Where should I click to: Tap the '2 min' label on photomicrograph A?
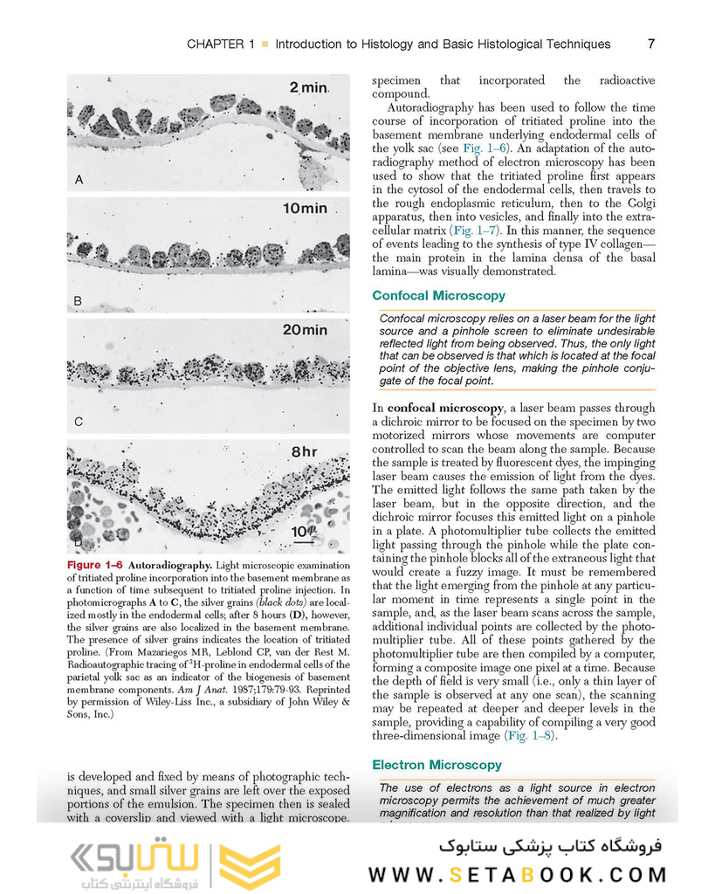coord(307,88)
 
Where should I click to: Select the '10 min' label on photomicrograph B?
coord(304,209)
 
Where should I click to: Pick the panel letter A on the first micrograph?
coord(79,180)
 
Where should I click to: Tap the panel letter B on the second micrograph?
coord(79,301)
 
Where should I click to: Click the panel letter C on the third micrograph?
coord(79,422)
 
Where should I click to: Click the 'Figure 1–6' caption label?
coord(93,566)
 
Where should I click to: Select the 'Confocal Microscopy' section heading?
coord(438,296)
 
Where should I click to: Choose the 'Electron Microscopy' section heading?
coord(437,765)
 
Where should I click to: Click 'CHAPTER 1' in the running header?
coord(221,44)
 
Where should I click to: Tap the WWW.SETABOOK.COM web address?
coord(517,874)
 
